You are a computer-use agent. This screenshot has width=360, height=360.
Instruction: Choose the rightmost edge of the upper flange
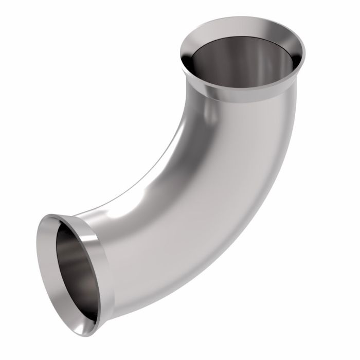305,51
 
